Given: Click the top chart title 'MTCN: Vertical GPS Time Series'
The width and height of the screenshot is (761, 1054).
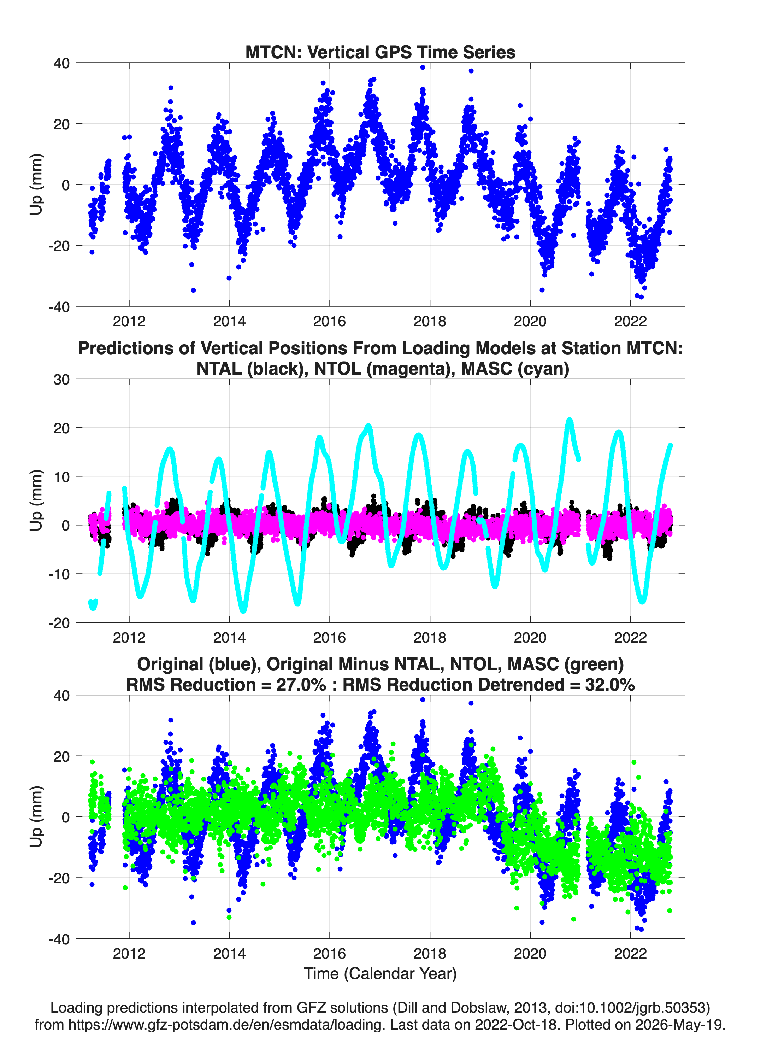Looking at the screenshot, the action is [x=380, y=52].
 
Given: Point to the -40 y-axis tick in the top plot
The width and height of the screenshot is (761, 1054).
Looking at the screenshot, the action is [x=59, y=307].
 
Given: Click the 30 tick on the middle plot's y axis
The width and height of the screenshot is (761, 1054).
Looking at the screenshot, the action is [x=62, y=379].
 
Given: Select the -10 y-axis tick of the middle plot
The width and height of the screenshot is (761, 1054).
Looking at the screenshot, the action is [x=59, y=574].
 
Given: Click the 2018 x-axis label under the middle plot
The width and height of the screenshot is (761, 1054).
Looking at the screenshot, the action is [x=430, y=637].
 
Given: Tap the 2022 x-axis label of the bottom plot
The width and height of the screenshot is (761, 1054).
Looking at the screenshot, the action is [x=630, y=953].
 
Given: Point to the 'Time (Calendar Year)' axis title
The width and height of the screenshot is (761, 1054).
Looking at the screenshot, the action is [x=380, y=973].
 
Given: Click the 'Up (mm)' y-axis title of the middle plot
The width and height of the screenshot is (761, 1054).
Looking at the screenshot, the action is [x=36, y=500].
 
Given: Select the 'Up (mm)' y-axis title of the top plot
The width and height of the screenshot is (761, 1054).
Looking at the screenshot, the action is [x=36, y=185].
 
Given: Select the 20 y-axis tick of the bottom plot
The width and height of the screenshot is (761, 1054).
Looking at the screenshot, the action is [x=62, y=757].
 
